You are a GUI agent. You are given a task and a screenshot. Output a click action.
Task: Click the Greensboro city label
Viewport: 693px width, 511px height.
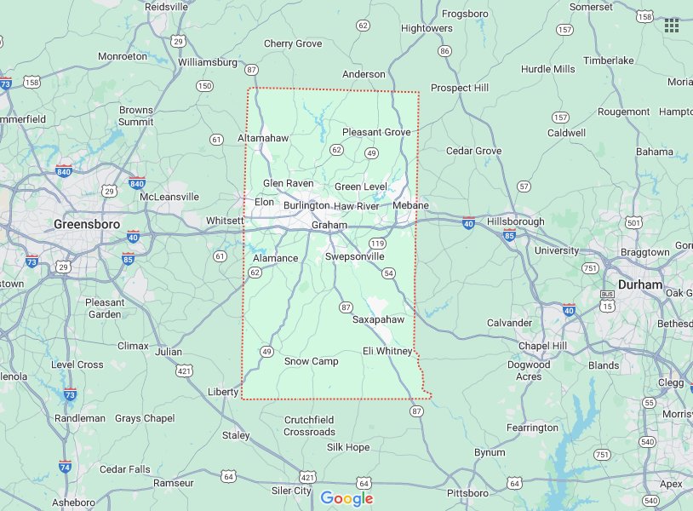pos(86,224)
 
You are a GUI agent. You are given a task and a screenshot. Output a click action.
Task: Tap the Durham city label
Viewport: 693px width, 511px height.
pos(639,284)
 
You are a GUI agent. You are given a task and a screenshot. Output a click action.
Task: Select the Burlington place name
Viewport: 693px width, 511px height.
pos(306,205)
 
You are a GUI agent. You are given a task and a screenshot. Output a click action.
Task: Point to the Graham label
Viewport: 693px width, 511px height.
pos(329,225)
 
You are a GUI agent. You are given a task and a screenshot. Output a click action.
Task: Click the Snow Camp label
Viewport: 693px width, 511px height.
pos(311,361)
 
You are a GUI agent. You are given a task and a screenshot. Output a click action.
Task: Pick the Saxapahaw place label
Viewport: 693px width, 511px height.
pos(378,319)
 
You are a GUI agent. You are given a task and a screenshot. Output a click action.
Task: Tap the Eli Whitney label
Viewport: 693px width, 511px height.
pos(387,351)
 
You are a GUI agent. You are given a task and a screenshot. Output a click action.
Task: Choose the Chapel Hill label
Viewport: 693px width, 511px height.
pos(542,345)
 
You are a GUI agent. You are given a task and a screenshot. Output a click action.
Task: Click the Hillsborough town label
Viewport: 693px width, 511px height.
pos(515,221)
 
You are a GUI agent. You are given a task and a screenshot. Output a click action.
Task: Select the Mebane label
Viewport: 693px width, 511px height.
pos(411,206)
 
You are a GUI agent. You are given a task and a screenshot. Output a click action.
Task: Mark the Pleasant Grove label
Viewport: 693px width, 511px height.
pos(376,132)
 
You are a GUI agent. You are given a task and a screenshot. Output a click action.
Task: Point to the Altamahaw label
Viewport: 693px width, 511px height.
pos(263,138)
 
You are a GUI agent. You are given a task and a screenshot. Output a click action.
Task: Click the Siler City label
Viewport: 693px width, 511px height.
pos(291,491)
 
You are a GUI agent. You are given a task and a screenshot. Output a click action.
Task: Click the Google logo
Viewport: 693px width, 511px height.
pos(346,498)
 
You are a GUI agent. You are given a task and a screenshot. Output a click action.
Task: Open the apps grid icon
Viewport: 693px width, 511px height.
pos(672,26)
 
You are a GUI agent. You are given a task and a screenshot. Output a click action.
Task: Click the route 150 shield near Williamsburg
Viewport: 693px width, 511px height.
pos(204,86)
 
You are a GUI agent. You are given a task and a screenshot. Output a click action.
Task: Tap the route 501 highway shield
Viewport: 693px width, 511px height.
pos(633,223)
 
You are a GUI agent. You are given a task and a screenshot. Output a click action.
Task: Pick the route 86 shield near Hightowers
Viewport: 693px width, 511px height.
pos(444,51)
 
